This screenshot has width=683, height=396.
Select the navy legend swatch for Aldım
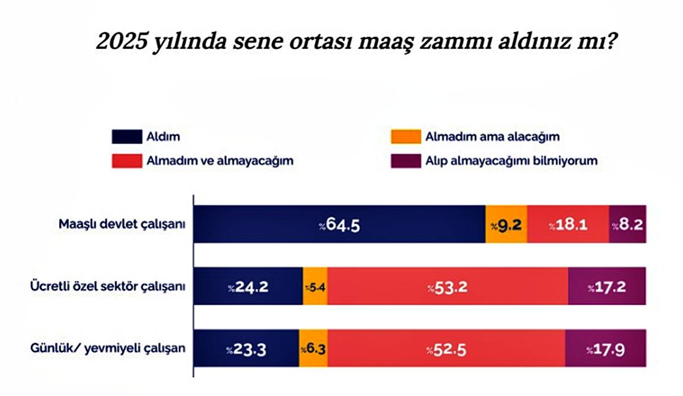coord(126,137)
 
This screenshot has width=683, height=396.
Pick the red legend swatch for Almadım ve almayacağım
coord(126,161)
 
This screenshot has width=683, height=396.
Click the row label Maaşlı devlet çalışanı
coord(122,224)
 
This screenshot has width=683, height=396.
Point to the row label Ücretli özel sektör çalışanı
coord(108,286)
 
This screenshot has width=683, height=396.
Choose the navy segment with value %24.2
coord(249,287)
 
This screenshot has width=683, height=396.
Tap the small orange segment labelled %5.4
coord(315,287)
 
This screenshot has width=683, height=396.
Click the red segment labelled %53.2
coord(447,287)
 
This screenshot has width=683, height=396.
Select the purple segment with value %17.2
coord(607,287)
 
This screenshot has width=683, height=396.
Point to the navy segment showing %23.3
coord(246,349)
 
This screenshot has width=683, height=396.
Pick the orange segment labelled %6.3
coord(312,349)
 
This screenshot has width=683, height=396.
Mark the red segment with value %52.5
coord(446,349)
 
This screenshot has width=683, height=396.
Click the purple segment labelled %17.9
coord(606,349)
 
